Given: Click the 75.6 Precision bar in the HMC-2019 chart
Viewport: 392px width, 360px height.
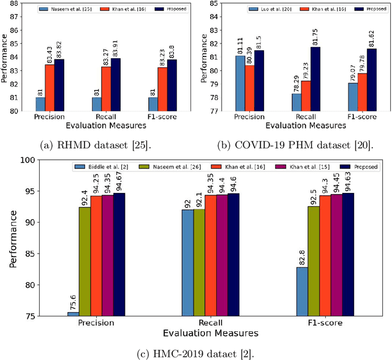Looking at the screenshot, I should coord(73,314).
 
